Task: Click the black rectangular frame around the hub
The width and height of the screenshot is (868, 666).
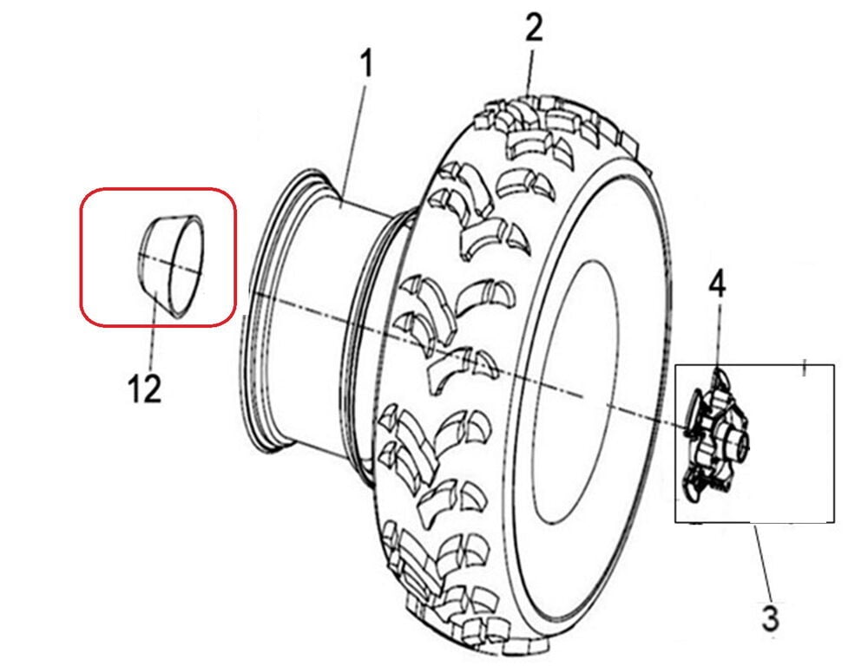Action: click(834, 442)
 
